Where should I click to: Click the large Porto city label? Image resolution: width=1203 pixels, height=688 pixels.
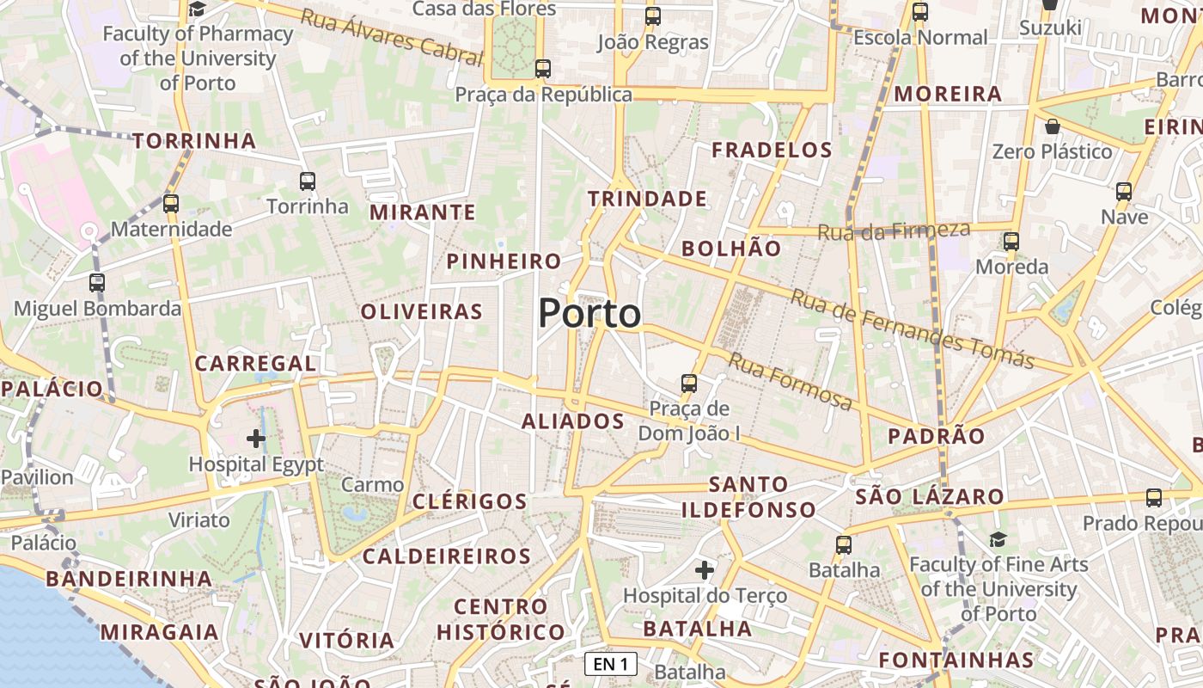(x=589, y=314)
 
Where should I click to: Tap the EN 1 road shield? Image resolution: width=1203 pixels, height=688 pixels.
(x=611, y=664)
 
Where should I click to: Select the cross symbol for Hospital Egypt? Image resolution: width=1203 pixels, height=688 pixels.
(x=256, y=439)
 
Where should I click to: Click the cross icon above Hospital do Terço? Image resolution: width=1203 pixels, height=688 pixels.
(x=705, y=569)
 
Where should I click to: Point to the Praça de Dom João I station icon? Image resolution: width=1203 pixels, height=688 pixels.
(x=689, y=383)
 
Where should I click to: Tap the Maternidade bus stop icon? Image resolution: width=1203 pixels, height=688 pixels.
(x=171, y=204)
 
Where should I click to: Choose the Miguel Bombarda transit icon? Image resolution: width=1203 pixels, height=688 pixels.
(x=97, y=282)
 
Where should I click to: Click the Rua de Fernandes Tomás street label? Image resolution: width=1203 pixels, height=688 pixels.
(x=912, y=329)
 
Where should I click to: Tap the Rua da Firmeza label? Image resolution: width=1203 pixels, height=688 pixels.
(x=894, y=230)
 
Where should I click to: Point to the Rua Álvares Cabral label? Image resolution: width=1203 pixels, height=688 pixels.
(x=391, y=37)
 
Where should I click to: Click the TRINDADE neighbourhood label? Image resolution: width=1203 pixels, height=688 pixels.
(x=648, y=199)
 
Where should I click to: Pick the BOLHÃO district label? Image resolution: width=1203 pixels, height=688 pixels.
(x=731, y=249)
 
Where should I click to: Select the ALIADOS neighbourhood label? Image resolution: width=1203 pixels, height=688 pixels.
(x=573, y=421)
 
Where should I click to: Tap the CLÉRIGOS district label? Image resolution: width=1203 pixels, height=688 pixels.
(x=470, y=501)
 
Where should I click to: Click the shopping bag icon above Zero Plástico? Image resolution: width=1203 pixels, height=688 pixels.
(x=1053, y=127)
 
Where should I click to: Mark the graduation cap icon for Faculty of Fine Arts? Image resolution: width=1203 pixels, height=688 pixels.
(x=998, y=539)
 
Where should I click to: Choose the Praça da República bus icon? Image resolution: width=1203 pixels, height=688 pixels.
(x=542, y=69)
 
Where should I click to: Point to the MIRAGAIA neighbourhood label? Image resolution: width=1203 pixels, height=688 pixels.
(x=160, y=632)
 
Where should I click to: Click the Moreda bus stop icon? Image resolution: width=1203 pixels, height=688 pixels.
(x=1011, y=241)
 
